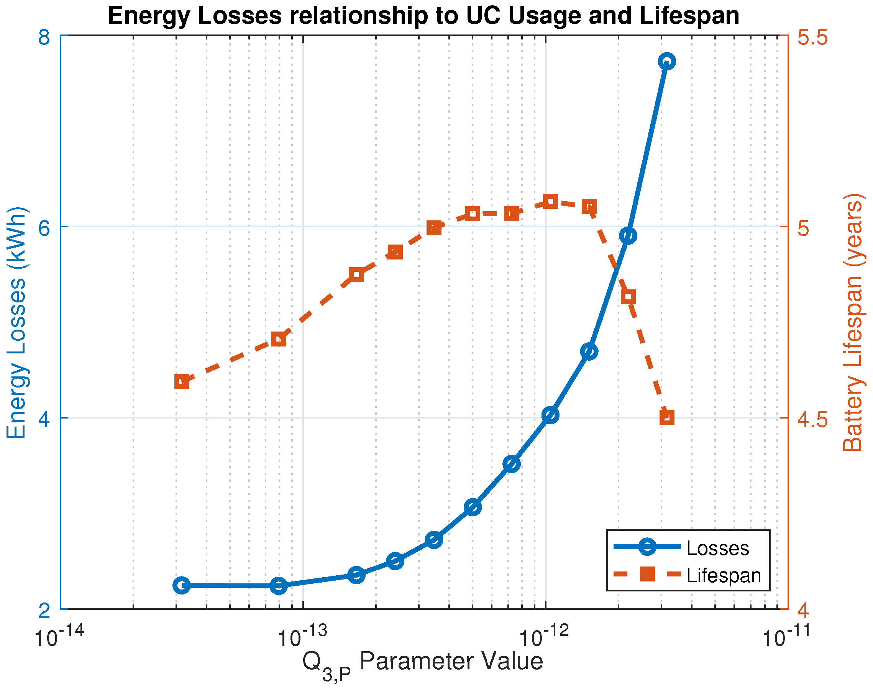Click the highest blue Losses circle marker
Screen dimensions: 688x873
[667, 61]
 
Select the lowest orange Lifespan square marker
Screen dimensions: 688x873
[667, 417]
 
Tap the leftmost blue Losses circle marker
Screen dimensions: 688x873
[182, 585]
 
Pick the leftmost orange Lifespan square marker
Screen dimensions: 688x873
[182, 381]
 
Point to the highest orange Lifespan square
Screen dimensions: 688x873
[550, 201]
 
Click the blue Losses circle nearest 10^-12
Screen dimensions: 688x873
[550, 414]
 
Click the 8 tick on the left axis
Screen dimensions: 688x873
[44, 37]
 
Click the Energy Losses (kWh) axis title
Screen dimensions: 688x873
[17, 322]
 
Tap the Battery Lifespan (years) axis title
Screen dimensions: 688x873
[853, 322]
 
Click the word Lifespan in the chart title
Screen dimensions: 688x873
[689, 16]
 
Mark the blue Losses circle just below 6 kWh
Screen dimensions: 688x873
[628, 235]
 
